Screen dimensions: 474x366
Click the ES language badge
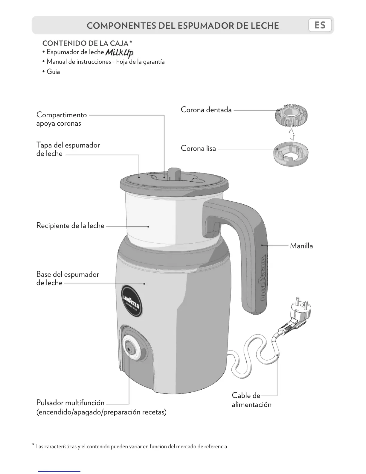click(320, 25)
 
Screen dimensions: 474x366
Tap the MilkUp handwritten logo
click(119, 53)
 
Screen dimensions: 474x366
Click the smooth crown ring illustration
click(291, 154)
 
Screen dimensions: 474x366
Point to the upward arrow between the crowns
click(292, 134)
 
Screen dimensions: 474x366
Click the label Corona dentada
click(206, 110)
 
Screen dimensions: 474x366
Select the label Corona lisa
click(198, 148)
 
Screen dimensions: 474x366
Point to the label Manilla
click(301, 246)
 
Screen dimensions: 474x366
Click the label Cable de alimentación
click(251, 400)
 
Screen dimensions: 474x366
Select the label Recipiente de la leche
click(70, 226)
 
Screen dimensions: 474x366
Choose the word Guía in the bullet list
click(53, 72)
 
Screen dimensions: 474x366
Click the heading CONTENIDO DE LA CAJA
click(85, 43)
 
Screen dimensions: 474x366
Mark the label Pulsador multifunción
click(70, 403)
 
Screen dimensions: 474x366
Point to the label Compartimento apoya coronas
click(61, 119)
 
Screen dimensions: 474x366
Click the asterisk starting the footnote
click(33, 445)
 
